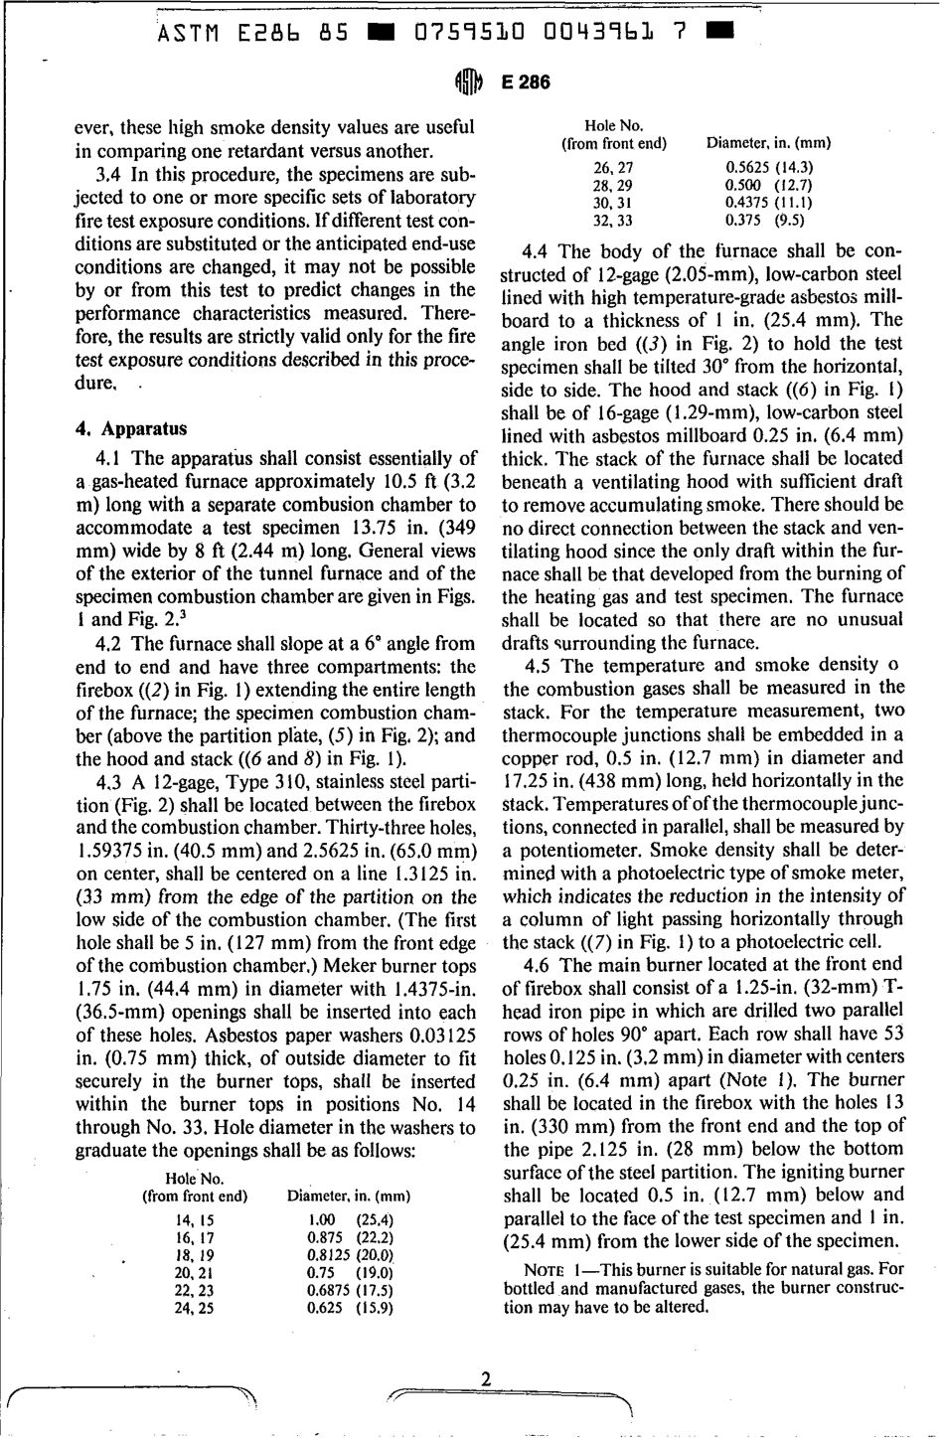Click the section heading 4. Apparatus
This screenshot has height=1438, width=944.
[x=131, y=429]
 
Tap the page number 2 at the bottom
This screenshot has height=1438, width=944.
[x=485, y=1378]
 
